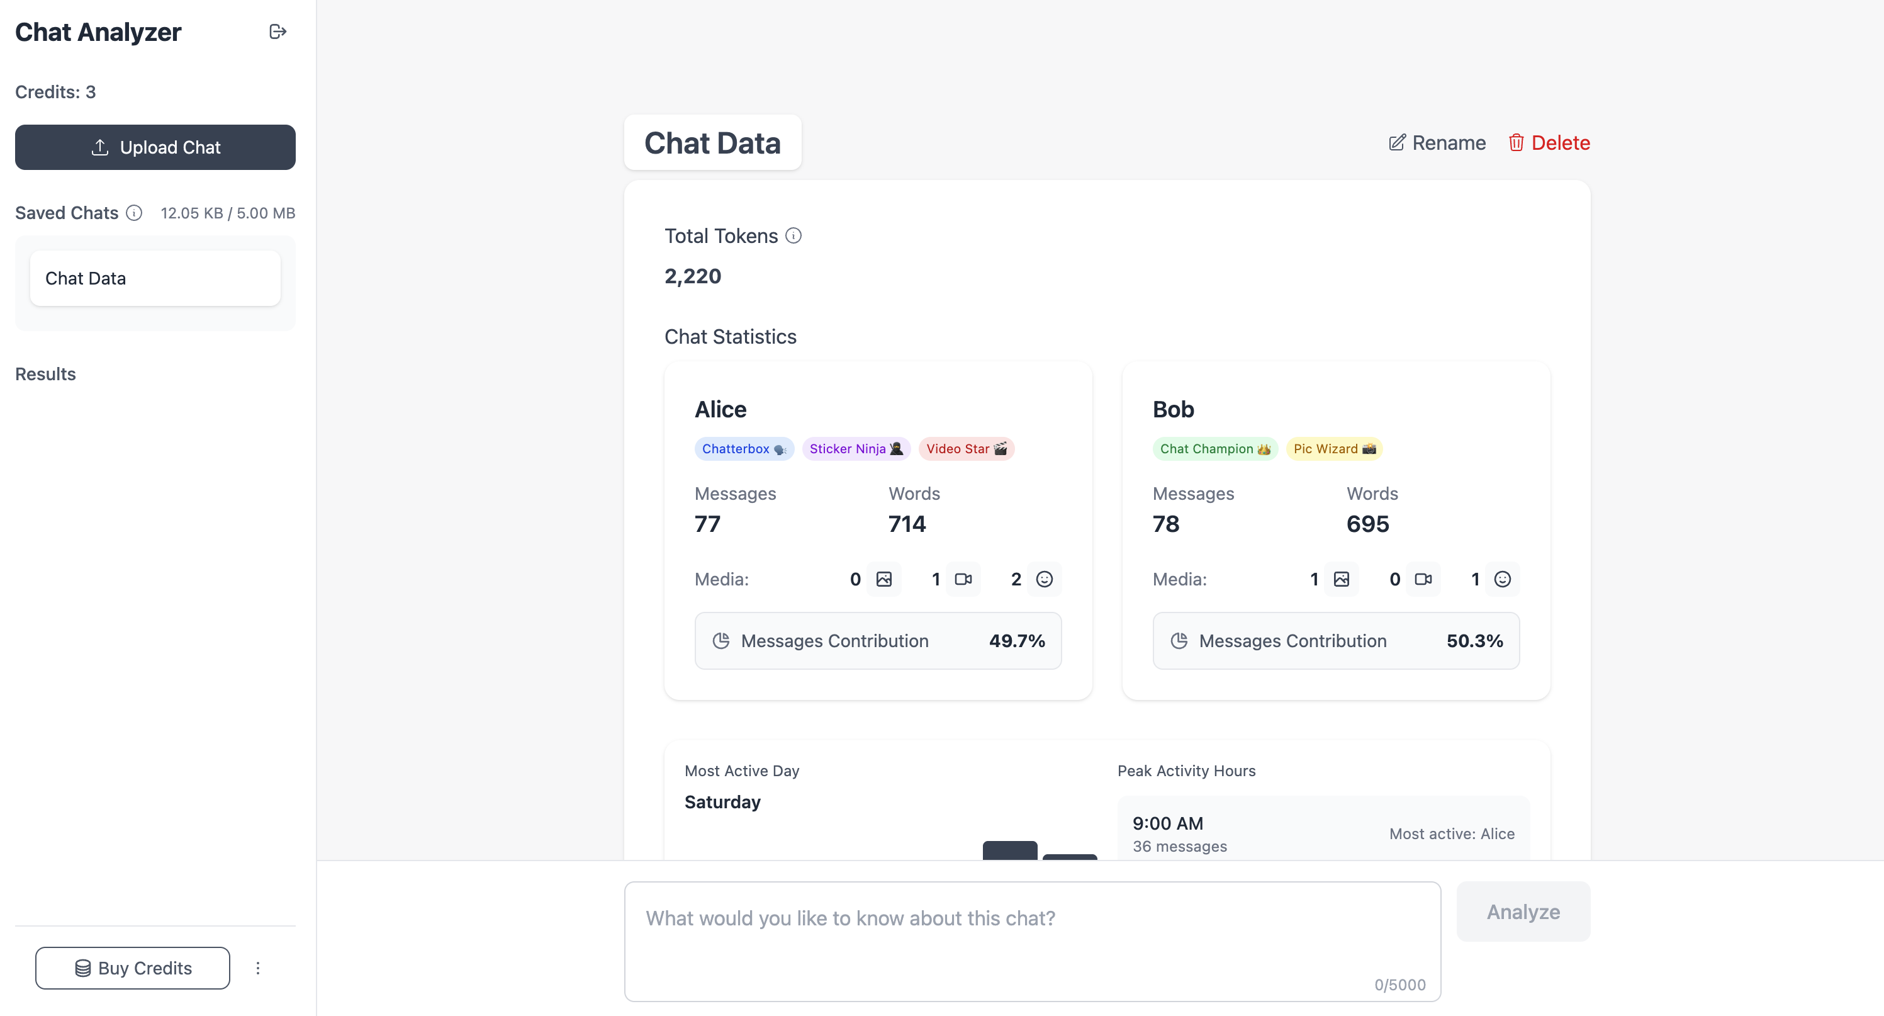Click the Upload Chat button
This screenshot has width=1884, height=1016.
coord(155,147)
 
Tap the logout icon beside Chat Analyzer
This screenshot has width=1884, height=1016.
coord(277,31)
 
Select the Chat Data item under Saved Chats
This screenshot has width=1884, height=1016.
coord(155,278)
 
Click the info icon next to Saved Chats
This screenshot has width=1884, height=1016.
coord(134,213)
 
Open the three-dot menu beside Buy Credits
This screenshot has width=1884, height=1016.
coord(257,968)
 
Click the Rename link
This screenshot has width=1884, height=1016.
coord(1437,143)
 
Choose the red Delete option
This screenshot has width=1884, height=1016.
coord(1549,143)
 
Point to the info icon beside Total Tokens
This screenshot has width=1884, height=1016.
coord(793,235)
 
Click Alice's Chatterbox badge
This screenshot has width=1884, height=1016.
coord(744,448)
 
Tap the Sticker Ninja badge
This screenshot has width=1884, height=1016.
coord(856,448)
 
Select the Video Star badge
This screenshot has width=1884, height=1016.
coord(966,448)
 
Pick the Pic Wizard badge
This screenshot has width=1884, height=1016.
coord(1334,448)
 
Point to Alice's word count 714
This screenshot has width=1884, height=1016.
coord(907,524)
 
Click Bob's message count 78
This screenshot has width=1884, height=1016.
coord(1166,524)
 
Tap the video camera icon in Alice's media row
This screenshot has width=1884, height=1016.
coord(963,579)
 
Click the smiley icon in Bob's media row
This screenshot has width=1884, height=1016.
coord(1502,579)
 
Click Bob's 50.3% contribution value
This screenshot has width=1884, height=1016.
coord(1474,641)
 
